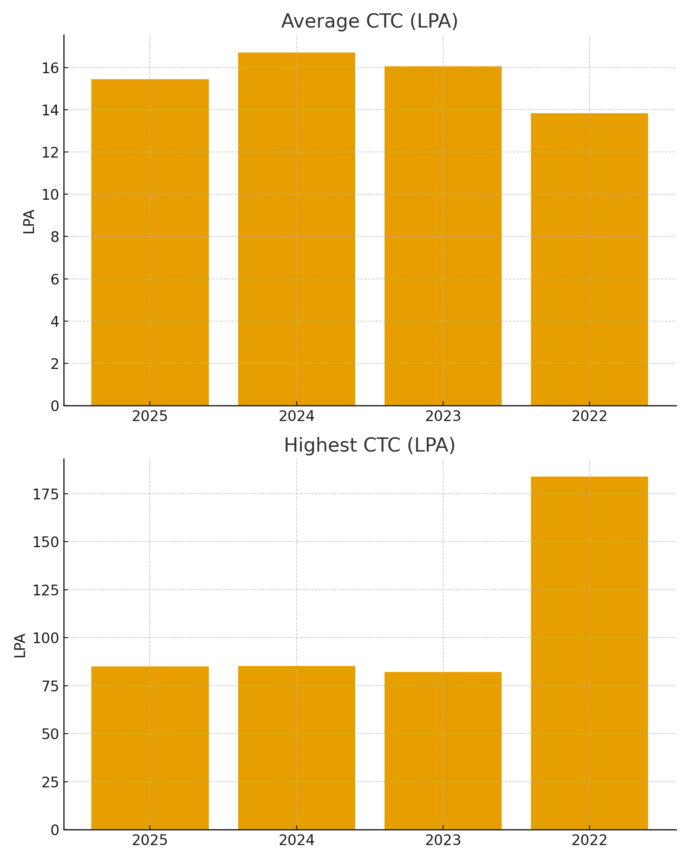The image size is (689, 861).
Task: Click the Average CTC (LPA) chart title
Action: pos(369,21)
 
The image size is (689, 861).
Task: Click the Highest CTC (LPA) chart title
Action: pos(369,445)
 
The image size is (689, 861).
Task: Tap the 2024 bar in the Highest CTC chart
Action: pos(296,747)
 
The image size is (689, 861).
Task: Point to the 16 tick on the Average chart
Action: pos(51,68)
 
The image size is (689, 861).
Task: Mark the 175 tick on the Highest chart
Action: pos(46,494)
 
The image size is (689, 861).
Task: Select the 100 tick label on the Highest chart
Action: pos(46,638)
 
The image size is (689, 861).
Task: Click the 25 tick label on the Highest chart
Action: pos(50,782)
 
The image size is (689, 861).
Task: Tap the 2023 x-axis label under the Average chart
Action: pos(443,417)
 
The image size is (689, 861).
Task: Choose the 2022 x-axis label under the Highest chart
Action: pos(589,840)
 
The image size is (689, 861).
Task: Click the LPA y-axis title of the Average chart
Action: pos(29,221)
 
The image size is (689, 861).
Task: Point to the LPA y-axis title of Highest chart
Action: pos(20,645)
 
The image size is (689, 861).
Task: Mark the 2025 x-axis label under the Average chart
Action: pos(150,417)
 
